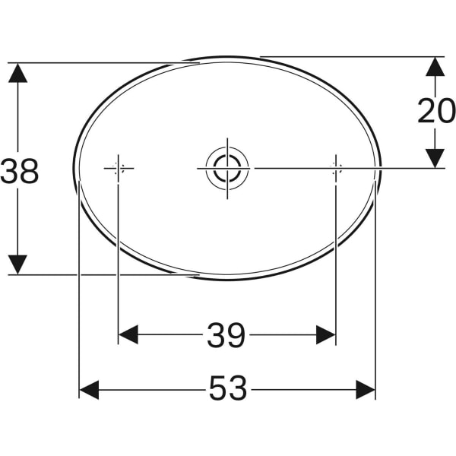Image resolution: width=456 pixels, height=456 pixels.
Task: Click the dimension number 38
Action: tap(21, 172)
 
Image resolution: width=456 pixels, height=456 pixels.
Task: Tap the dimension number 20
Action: tap(436, 111)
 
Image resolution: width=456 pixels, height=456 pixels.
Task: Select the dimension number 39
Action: tap(226, 335)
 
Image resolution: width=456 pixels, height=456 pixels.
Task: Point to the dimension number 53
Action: tap(228, 390)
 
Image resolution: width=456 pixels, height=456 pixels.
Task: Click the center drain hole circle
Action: tap(226, 167)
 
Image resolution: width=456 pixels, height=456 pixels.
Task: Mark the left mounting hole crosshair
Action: tap(118, 168)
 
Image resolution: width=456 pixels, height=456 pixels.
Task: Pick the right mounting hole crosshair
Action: tap(335, 168)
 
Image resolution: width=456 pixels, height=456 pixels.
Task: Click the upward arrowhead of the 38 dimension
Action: tap(18, 73)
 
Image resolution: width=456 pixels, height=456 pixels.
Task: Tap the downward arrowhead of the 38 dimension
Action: tap(18, 264)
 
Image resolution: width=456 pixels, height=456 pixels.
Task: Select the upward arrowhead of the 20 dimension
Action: tap(434, 66)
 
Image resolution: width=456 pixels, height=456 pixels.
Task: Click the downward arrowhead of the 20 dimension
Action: tap(434, 157)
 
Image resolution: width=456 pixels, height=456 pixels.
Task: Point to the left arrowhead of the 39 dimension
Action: tap(128, 334)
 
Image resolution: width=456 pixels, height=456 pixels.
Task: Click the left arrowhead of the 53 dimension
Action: tap(90, 390)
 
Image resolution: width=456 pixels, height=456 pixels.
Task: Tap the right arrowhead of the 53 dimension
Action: tap(366, 390)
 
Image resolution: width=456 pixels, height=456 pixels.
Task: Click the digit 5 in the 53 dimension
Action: tap(218, 390)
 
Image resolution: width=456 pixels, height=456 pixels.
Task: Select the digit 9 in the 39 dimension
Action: tap(236, 335)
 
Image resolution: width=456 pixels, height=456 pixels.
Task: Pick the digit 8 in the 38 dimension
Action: tap(30, 172)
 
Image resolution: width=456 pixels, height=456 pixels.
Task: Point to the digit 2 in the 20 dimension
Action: tap(426, 111)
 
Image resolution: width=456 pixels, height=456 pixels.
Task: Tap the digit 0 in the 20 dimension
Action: tap(446, 111)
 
